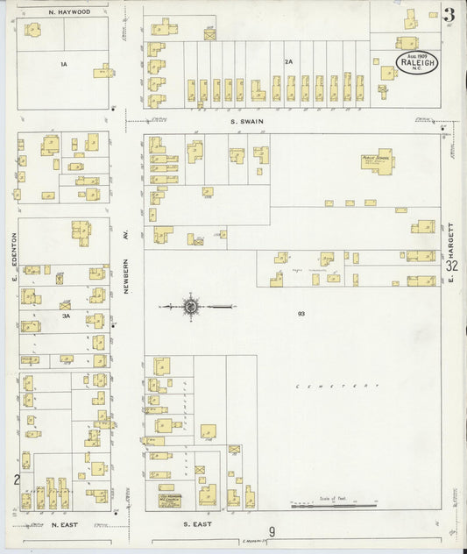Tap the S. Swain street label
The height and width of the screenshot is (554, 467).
246,122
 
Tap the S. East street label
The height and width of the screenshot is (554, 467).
198,524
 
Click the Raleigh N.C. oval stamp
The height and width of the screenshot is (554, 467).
416,62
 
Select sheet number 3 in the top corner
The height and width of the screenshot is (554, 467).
449,14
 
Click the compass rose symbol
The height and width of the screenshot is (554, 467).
190,306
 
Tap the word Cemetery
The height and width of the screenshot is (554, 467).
337,386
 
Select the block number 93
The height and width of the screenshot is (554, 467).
301,313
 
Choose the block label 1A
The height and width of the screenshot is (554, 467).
63,64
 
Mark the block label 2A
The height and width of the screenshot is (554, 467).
288,61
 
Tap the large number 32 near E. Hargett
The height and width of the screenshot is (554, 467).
451,266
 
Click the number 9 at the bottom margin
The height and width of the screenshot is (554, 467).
272,531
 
